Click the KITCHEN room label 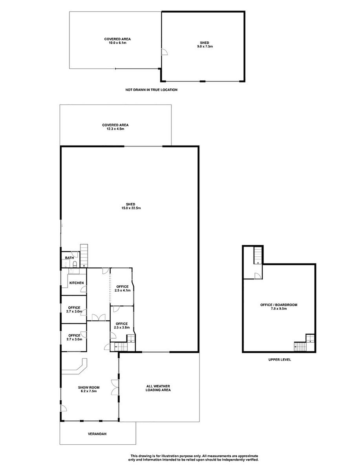[x=77, y=283]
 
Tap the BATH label [x=69, y=258]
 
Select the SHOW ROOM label [x=89, y=387]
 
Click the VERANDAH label [x=97, y=434]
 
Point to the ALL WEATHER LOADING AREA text [x=158, y=388]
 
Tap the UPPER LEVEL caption [x=280, y=360]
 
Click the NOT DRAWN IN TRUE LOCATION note [x=152, y=90]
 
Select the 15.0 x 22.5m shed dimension [x=130, y=208]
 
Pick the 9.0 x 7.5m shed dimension [x=205, y=46]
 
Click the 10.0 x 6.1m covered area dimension [x=117, y=43]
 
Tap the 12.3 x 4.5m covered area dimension [x=115, y=129]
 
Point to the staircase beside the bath [x=84, y=256]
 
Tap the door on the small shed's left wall [x=164, y=52]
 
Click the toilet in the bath [x=75, y=264]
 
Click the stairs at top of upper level [x=258, y=256]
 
